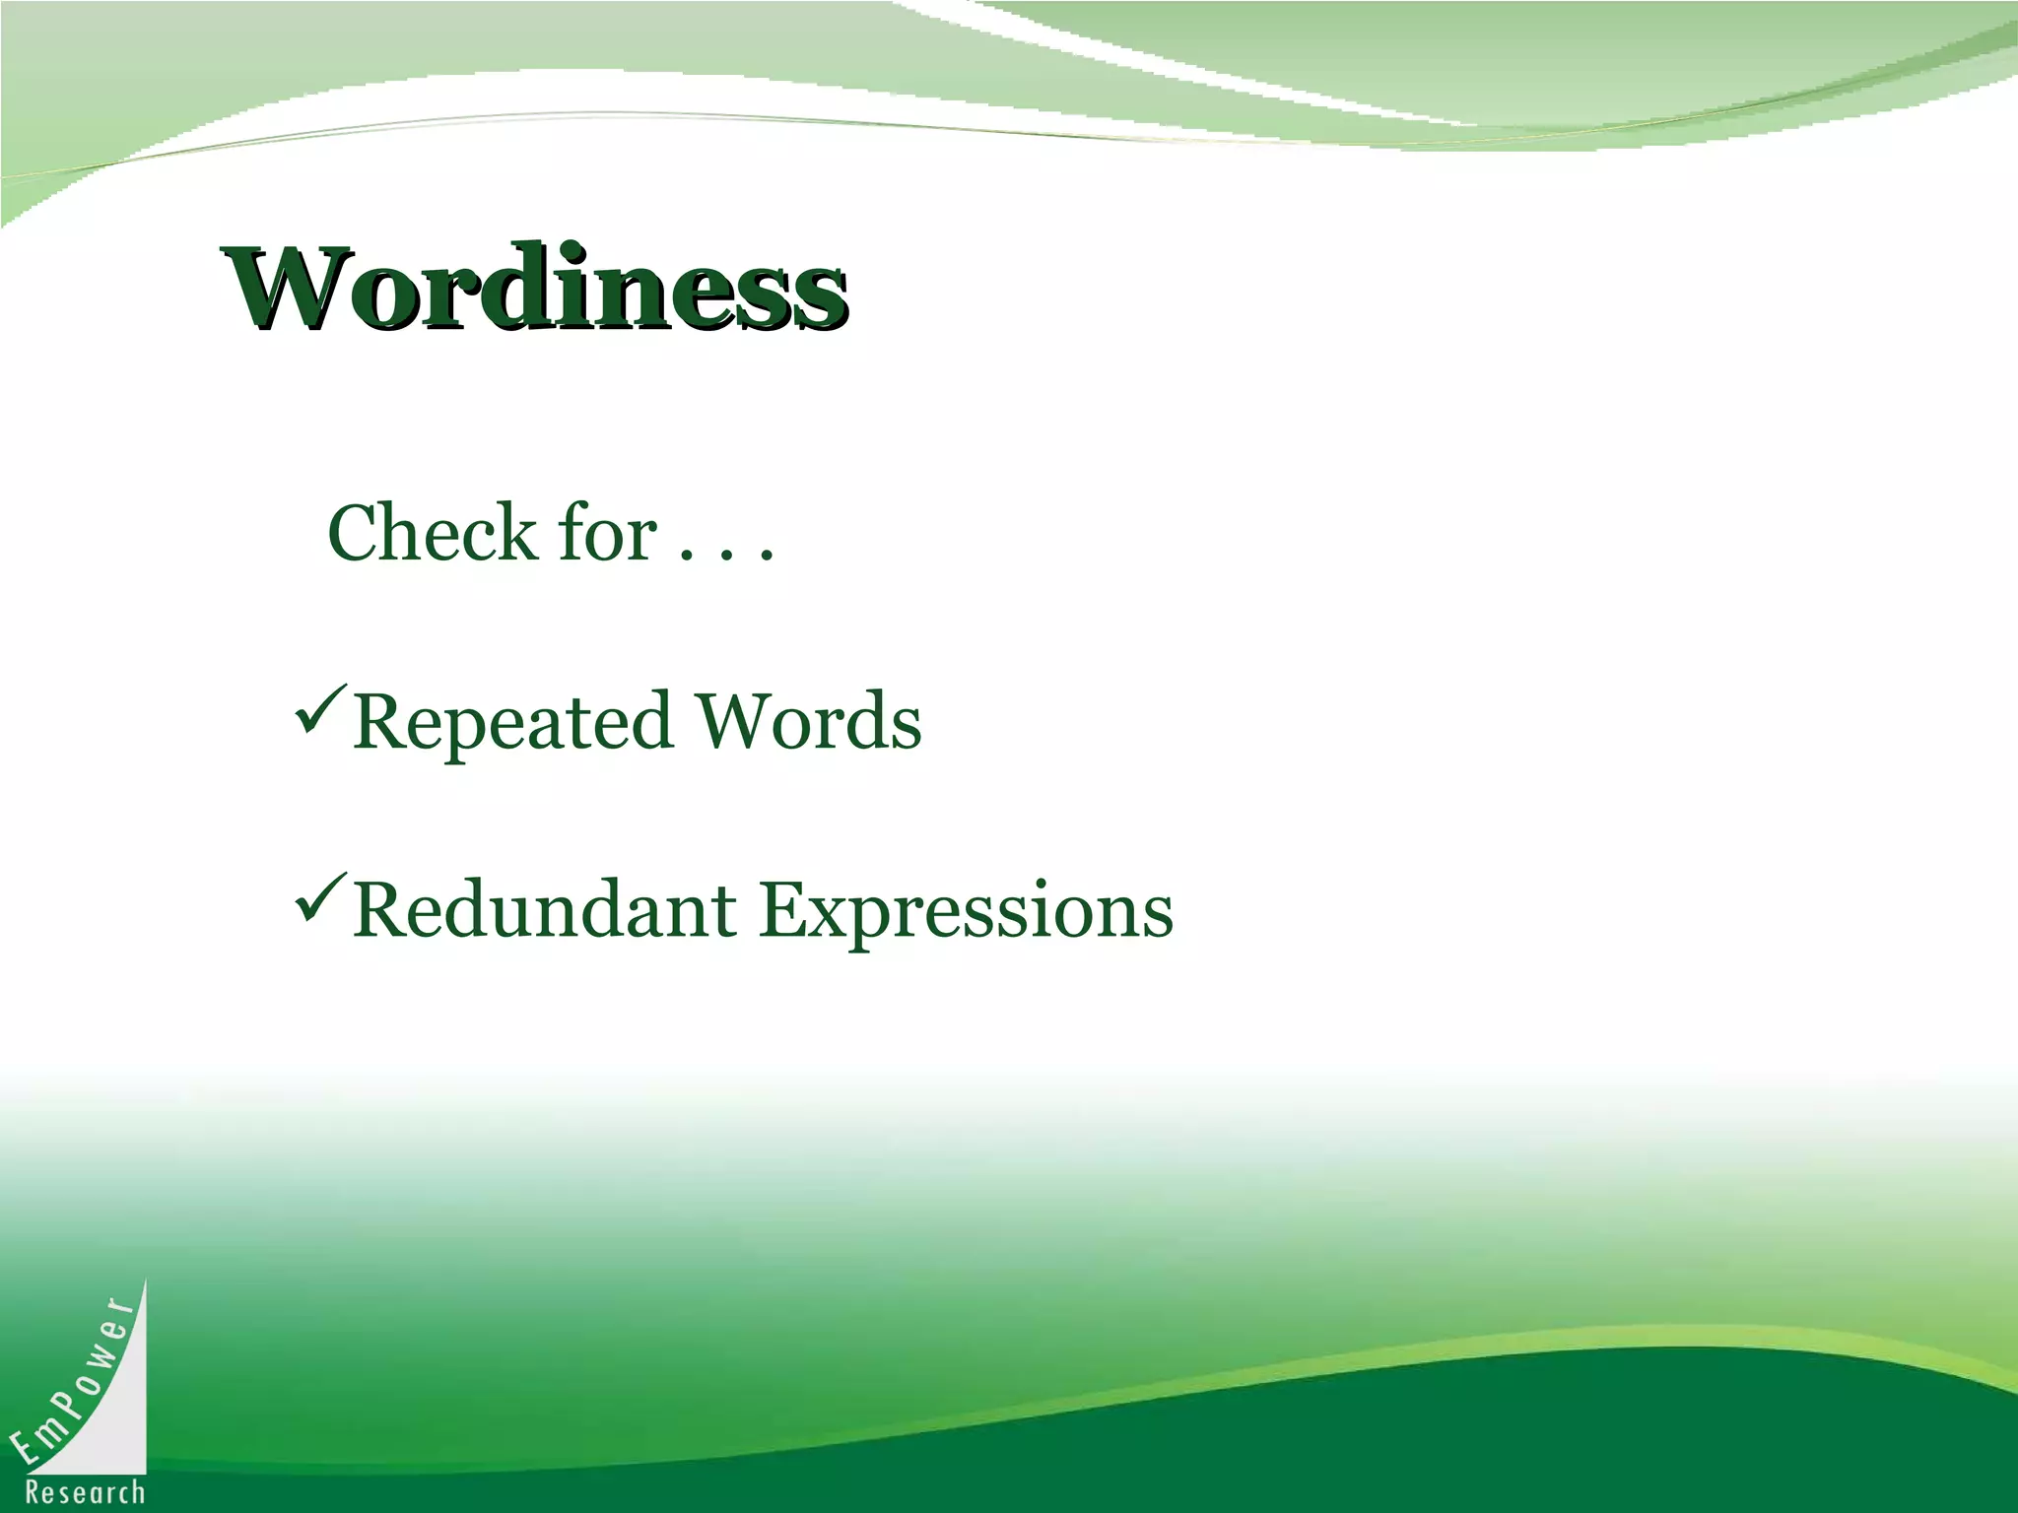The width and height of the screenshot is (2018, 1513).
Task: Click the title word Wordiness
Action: point(537,288)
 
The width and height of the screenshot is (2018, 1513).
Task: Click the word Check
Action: point(432,533)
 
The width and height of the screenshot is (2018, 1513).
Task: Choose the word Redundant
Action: point(544,909)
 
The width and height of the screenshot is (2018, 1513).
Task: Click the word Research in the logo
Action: point(85,1492)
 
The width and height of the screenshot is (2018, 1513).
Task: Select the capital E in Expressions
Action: point(784,909)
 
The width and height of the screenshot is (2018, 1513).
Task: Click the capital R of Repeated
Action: point(379,722)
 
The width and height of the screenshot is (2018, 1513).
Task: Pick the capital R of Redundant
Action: point(379,909)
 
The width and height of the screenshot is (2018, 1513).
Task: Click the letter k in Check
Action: point(512,533)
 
